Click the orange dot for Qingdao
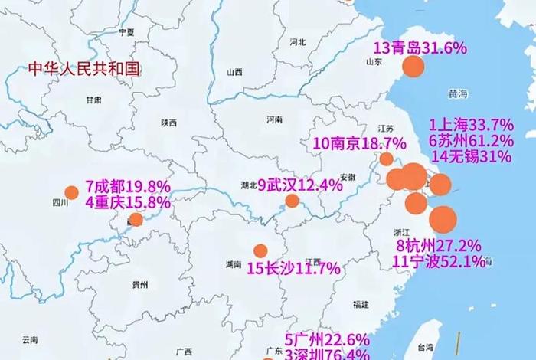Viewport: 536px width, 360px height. (413, 66)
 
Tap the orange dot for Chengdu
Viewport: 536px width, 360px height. (71, 193)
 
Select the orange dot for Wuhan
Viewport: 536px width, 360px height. (292, 201)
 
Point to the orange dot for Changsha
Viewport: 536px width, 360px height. (260, 250)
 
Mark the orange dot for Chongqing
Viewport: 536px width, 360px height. (136, 220)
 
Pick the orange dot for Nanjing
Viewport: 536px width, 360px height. (387, 159)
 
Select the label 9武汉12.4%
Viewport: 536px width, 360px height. (299, 185)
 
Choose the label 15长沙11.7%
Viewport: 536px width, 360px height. (293, 268)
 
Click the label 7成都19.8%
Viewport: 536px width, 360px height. (128, 186)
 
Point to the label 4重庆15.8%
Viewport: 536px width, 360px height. (128, 202)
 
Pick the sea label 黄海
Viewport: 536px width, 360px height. (458, 93)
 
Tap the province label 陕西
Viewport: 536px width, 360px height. (168, 123)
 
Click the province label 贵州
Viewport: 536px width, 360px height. (139, 284)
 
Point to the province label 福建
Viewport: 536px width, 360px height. (361, 304)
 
